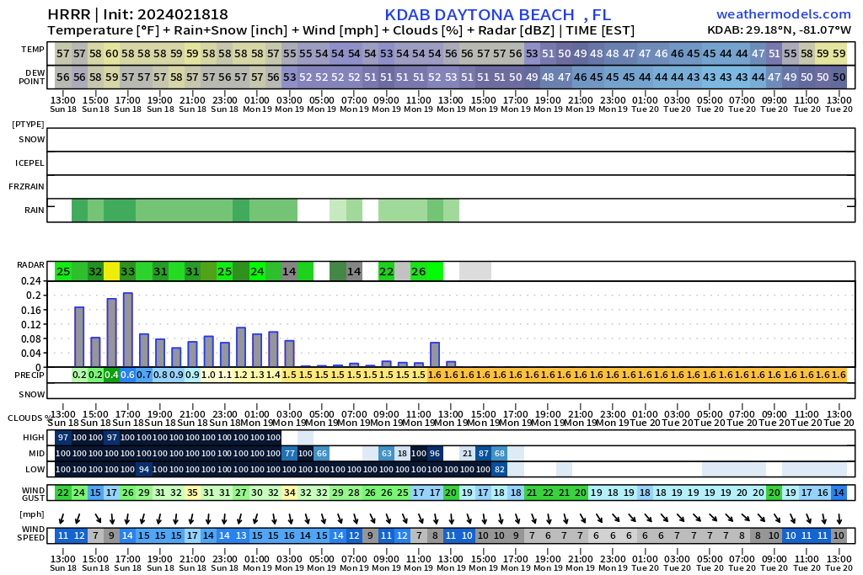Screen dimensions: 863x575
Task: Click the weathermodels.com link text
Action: [x=784, y=14]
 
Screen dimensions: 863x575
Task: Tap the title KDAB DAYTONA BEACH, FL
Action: [x=497, y=15]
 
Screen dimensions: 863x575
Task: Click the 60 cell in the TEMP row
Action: [x=112, y=54]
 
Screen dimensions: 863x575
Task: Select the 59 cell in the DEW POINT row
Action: [x=112, y=77]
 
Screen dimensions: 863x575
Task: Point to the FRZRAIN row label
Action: [x=26, y=187]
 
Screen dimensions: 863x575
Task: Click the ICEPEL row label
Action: [x=29, y=163]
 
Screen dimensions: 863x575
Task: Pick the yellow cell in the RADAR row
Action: [x=112, y=271]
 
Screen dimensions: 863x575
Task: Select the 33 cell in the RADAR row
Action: [x=128, y=271]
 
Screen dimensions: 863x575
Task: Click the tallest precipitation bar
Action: [x=128, y=330]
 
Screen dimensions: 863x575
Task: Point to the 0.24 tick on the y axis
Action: [x=31, y=281]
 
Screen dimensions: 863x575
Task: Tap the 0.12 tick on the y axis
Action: [x=31, y=324]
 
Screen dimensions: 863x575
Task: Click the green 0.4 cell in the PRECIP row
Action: [x=112, y=375]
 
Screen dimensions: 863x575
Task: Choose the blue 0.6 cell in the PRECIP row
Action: [x=128, y=375]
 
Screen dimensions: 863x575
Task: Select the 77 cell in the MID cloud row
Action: [x=289, y=454]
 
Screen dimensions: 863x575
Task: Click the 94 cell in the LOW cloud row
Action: [x=143, y=470]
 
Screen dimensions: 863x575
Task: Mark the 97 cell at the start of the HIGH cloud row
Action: [x=63, y=438]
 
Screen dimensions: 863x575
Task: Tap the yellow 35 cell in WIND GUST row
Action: [x=192, y=492]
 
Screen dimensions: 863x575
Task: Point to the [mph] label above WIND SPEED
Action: [x=31, y=515]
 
